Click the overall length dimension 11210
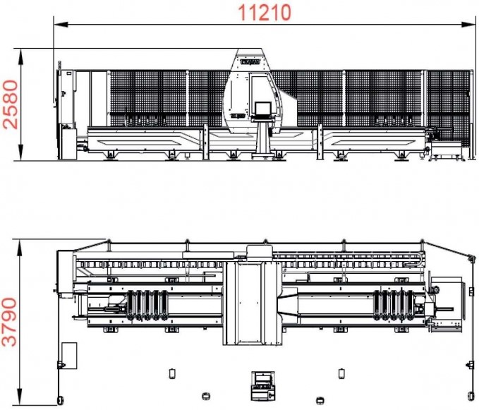coord(265,13)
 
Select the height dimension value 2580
coord(11,104)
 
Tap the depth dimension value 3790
coord(9,322)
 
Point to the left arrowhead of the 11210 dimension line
coord(61,25)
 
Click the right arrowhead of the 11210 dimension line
coord(468,25)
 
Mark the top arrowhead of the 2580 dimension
coord(20,56)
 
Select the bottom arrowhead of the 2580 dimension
coord(20,153)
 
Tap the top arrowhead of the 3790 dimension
coord(20,247)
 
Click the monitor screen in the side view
coord(262,109)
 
